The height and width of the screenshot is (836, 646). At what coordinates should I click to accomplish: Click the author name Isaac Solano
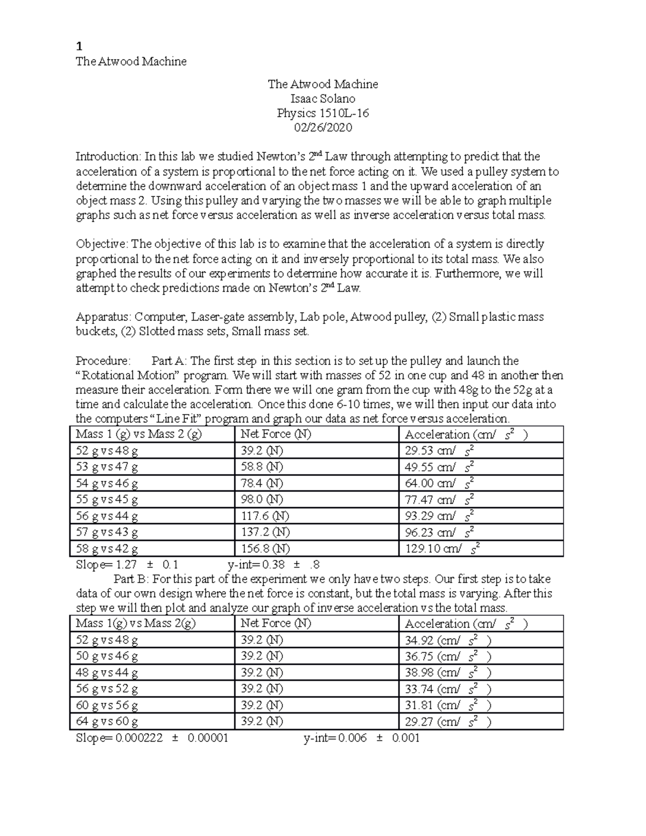click(322, 99)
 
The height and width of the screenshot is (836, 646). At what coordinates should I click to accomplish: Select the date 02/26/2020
click(322, 128)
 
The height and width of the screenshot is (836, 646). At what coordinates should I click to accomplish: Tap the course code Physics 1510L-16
click(322, 113)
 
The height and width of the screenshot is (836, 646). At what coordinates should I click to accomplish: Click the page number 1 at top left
click(79, 45)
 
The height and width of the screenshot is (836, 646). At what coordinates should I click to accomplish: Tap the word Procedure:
click(103, 361)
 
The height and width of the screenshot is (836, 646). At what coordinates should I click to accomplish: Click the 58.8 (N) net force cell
click(262, 467)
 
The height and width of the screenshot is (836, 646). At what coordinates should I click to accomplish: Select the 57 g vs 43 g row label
click(107, 532)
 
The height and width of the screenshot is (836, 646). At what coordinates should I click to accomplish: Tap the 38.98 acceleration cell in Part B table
click(447, 672)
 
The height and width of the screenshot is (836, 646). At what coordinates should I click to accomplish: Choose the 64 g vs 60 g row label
click(107, 721)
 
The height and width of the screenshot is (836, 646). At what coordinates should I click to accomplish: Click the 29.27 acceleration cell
click(447, 721)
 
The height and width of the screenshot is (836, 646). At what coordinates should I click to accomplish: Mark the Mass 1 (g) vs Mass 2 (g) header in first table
click(139, 434)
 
